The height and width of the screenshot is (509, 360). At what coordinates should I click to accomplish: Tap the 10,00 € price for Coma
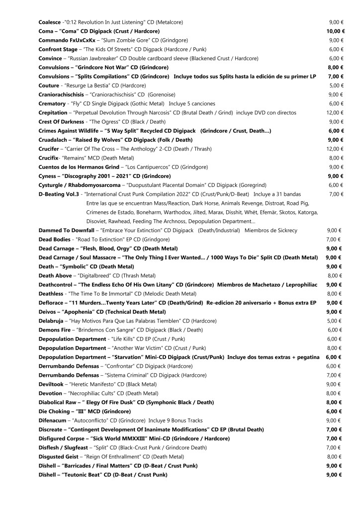(x=336, y=31)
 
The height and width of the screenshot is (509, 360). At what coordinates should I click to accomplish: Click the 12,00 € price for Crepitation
(x=336, y=113)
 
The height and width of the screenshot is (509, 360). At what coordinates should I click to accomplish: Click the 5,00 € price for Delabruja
(x=336, y=321)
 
